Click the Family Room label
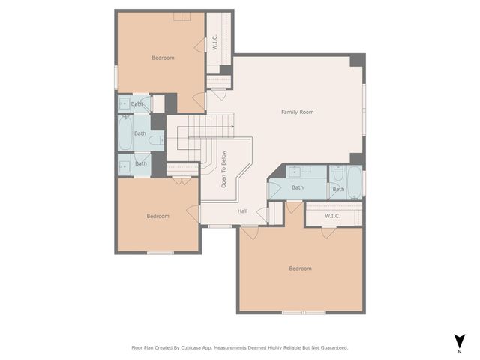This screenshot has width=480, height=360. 297,112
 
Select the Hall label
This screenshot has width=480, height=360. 242,211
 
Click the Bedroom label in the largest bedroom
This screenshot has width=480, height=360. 300,268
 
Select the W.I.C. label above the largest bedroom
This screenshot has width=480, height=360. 332,217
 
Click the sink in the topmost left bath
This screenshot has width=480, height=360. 124,104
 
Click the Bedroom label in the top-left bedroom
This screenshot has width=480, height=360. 163,58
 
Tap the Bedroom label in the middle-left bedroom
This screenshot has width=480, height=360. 157,216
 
